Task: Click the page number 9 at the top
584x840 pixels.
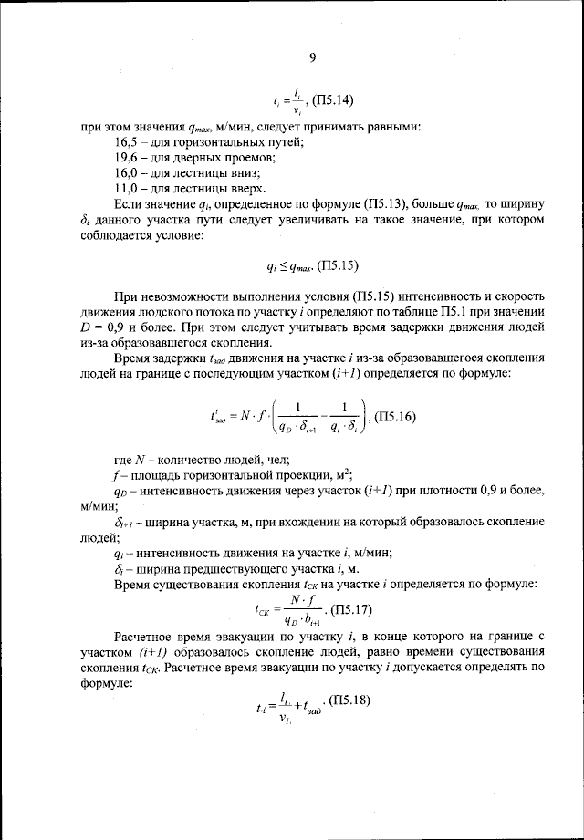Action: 312,57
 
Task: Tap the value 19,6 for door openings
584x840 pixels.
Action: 128,159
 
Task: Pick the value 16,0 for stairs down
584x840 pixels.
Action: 128,173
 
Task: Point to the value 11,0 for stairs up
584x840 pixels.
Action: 128,188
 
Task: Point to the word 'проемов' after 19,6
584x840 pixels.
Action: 250,159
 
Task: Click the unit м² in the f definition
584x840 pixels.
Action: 344,473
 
